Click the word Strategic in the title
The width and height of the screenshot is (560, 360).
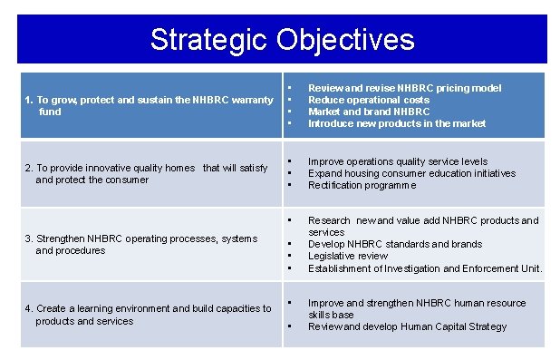pyautogui.click(x=209, y=39)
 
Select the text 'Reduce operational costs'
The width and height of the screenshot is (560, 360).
pyautogui.click(x=369, y=100)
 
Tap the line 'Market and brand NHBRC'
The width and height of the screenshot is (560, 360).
pyautogui.click(x=369, y=112)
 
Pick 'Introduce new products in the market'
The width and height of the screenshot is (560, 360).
pyautogui.click(x=397, y=123)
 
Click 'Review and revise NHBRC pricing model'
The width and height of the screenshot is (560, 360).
pyautogui.click(x=404, y=88)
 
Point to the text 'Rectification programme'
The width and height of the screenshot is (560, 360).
pyautogui.click(x=362, y=185)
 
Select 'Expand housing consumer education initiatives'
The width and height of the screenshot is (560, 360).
pyautogui.click(x=411, y=173)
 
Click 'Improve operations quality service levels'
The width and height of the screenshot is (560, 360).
pyautogui.click(x=398, y=161)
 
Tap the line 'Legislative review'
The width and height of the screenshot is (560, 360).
pyautogui.click(x=348, y=256)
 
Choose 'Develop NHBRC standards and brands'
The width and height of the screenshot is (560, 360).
pyautogui.click(x=395, y=244)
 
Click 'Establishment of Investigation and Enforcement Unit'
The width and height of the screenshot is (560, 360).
pyautogui.click(x=424, y=268)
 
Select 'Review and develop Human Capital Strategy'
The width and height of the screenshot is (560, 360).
pyautogui.click(x=407, y=326)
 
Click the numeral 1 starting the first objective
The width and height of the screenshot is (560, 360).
pyautogui.click(x=28, y=100)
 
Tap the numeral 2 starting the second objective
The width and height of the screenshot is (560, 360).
pyautogui.click(x=28, y=168)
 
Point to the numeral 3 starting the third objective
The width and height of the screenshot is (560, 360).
pyautogui.click(x=28, y=238)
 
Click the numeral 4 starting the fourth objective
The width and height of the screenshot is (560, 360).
pyautogui.click(x=28, y=309)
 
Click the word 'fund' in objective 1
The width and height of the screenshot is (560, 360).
pyautogui.click(x=50, y=112)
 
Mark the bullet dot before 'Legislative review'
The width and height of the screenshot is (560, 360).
pyautogui.click(x=289, y=256)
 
